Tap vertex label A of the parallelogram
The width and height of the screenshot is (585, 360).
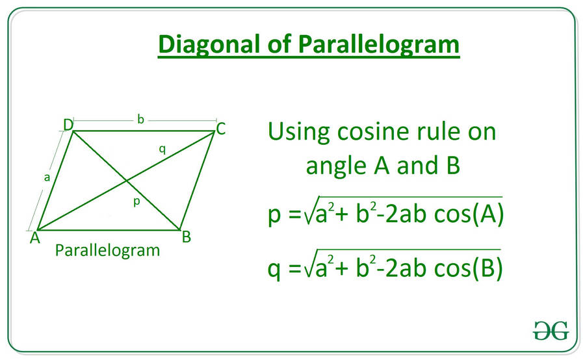pyautogui.click(x=33, y=238)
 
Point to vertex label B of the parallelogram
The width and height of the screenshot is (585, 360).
pyautogui.click(x=187, y=237)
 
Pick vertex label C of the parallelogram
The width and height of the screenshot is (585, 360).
pyautogui.click(x=221, y=129)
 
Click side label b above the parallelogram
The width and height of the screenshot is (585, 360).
pyautogui.click(x=140, y=119)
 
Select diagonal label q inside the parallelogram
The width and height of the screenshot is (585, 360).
pyautogui.click(x=162, y=149)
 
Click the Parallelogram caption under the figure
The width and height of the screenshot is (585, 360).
pyautogui.click(x=107, y=250)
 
